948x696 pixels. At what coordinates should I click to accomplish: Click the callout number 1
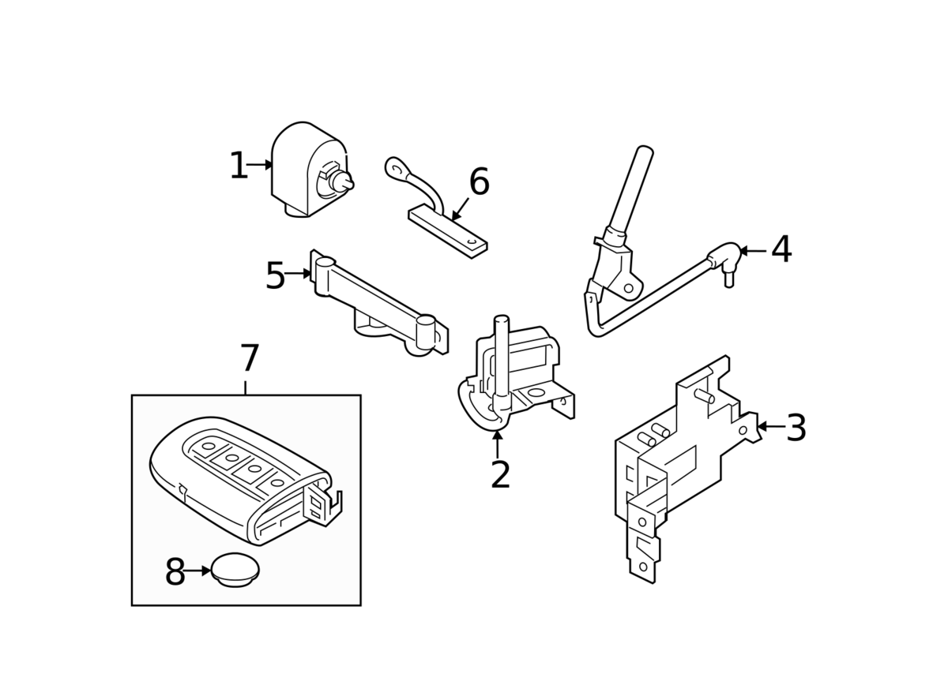(x=239, y=165)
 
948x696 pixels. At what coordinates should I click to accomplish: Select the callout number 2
(x=500, y=474)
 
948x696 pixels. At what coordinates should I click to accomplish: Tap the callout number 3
(x=796, y=428)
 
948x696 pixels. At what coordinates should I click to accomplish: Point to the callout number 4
(x=781, y=249)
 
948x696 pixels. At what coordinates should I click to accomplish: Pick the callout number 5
(x=276, y=275)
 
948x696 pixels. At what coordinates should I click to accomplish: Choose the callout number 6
(x=479, y=181)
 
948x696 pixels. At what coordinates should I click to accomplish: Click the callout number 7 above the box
(x=250, y=357)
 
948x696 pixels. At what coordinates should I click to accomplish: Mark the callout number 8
(x=175, y=571)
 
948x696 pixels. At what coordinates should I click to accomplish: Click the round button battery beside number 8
(x=235, y=570)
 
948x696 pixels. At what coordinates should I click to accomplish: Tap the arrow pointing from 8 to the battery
(x=197, y=571)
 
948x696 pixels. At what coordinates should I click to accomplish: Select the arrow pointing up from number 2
(x=498, y=444)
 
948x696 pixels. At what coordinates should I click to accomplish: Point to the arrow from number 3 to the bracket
(x=771, y=426)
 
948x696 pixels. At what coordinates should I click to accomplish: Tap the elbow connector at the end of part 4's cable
(x=724, y=259)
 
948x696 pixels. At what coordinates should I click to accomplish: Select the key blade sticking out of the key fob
(x=323, y=504)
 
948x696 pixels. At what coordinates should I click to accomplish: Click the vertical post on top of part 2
(x=502, y=356)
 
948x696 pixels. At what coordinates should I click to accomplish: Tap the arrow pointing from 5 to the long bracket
(x=298, y=274)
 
